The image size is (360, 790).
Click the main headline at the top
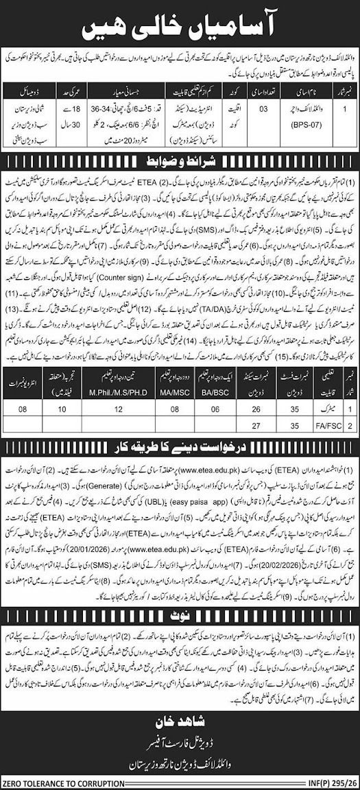pos(180,27)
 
